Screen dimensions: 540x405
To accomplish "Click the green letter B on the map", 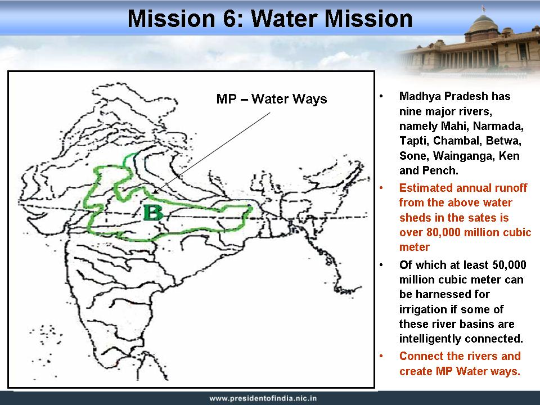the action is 152,213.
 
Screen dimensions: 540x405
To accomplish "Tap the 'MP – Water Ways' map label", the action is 271,99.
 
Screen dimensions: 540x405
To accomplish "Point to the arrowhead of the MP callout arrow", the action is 156,191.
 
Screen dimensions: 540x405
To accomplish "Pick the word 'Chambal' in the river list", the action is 456,141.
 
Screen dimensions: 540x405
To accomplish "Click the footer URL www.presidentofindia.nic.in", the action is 263,398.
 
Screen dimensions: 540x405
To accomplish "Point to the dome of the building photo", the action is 484,24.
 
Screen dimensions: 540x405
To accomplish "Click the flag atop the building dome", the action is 484,8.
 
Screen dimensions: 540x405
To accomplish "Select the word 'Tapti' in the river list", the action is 412,141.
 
